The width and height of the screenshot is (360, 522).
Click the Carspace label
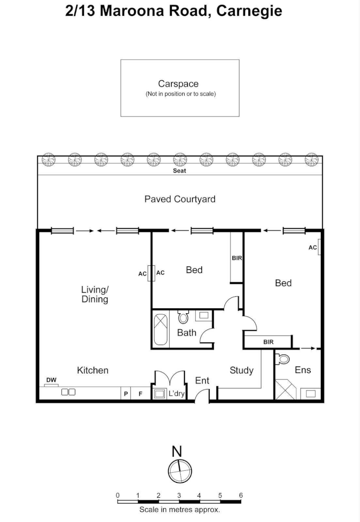[178, 84]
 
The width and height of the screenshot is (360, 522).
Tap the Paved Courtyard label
[180, 199]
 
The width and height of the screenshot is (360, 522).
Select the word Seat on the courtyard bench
[180, 171]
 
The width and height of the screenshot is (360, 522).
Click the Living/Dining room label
[94, 294]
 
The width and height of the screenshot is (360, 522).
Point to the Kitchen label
[93, 370]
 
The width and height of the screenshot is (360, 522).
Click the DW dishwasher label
[51, 380]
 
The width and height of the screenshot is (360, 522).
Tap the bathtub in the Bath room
[161, 329]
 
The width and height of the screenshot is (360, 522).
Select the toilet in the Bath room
[183, 317]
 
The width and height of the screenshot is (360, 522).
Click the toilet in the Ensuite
[283, 359]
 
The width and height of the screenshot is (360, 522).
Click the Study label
[241, 370]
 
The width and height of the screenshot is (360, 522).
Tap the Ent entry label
[202, 381]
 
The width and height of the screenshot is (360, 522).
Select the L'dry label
[176, 394]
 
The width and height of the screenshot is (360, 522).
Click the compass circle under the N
[180, 470]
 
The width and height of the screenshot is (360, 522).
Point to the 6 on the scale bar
[241, 495]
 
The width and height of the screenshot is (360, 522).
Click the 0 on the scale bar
[117, 495]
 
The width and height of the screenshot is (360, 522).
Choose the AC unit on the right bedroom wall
[319, 247]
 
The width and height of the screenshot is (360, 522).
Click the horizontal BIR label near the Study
[268, 342]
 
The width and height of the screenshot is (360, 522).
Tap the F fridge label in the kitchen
[141, 394]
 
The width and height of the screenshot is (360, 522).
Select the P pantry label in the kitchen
[126, 394]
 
